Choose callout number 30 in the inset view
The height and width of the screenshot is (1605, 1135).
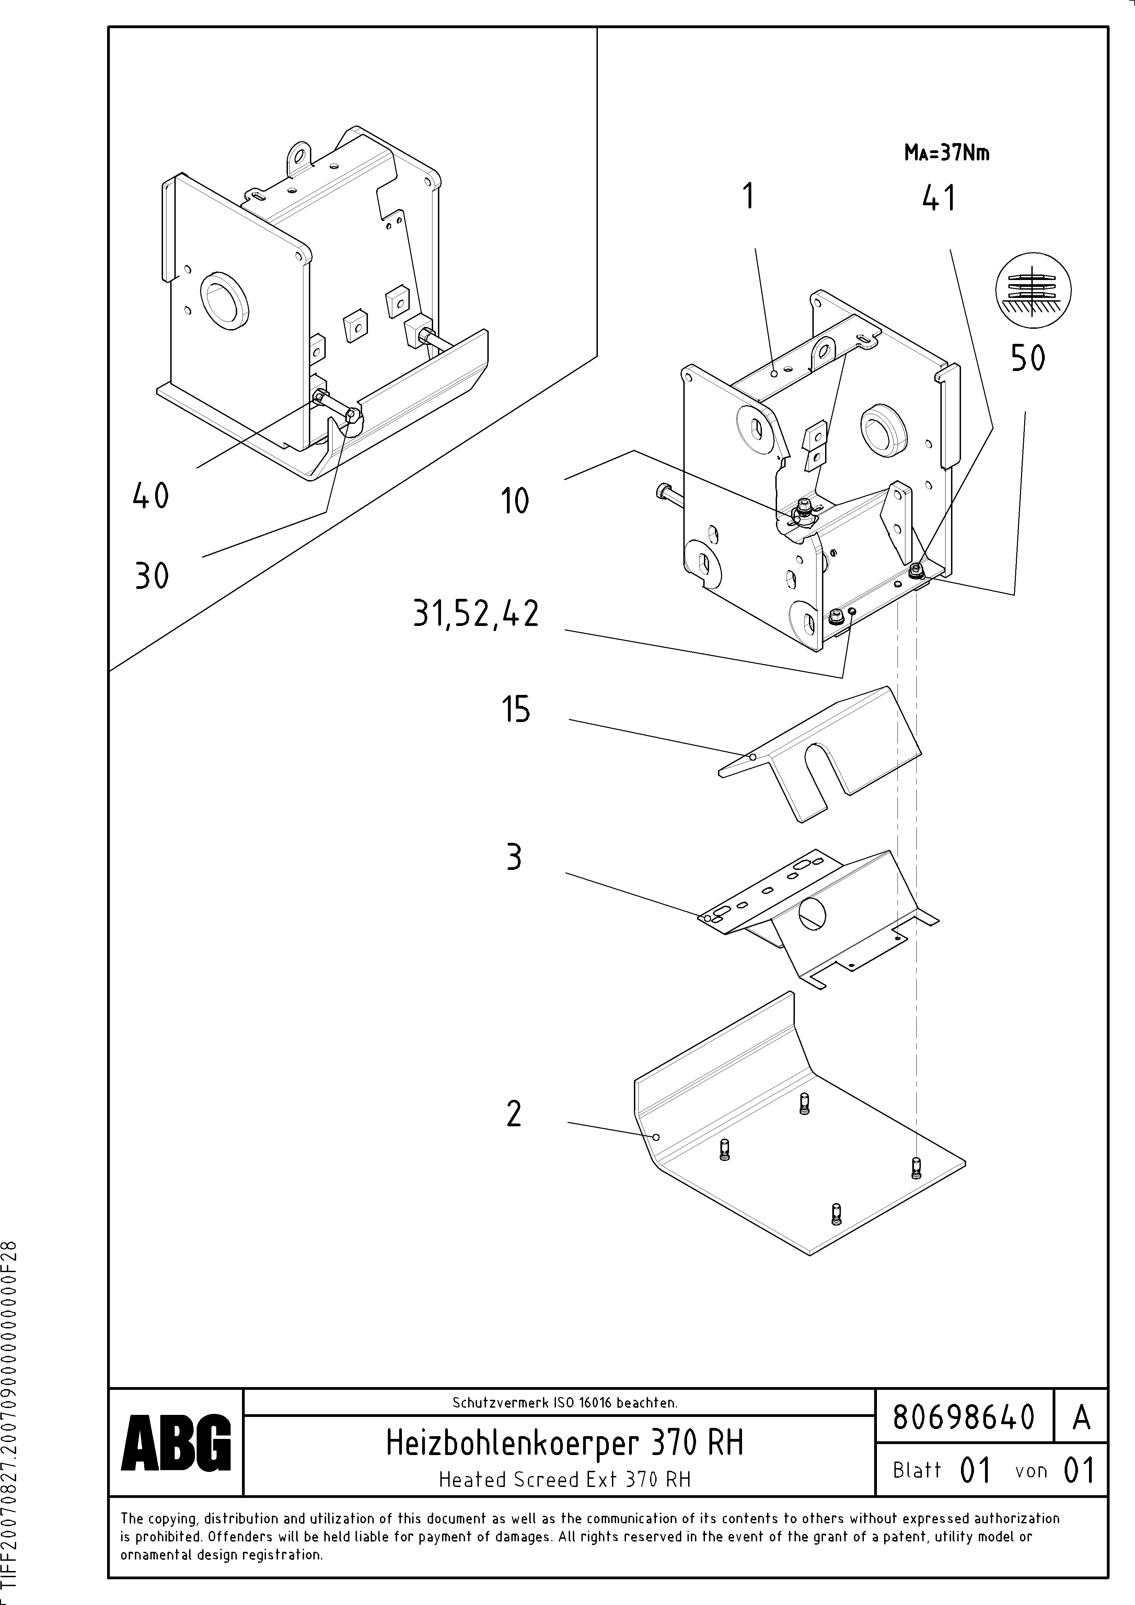click(x=152, y=577)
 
